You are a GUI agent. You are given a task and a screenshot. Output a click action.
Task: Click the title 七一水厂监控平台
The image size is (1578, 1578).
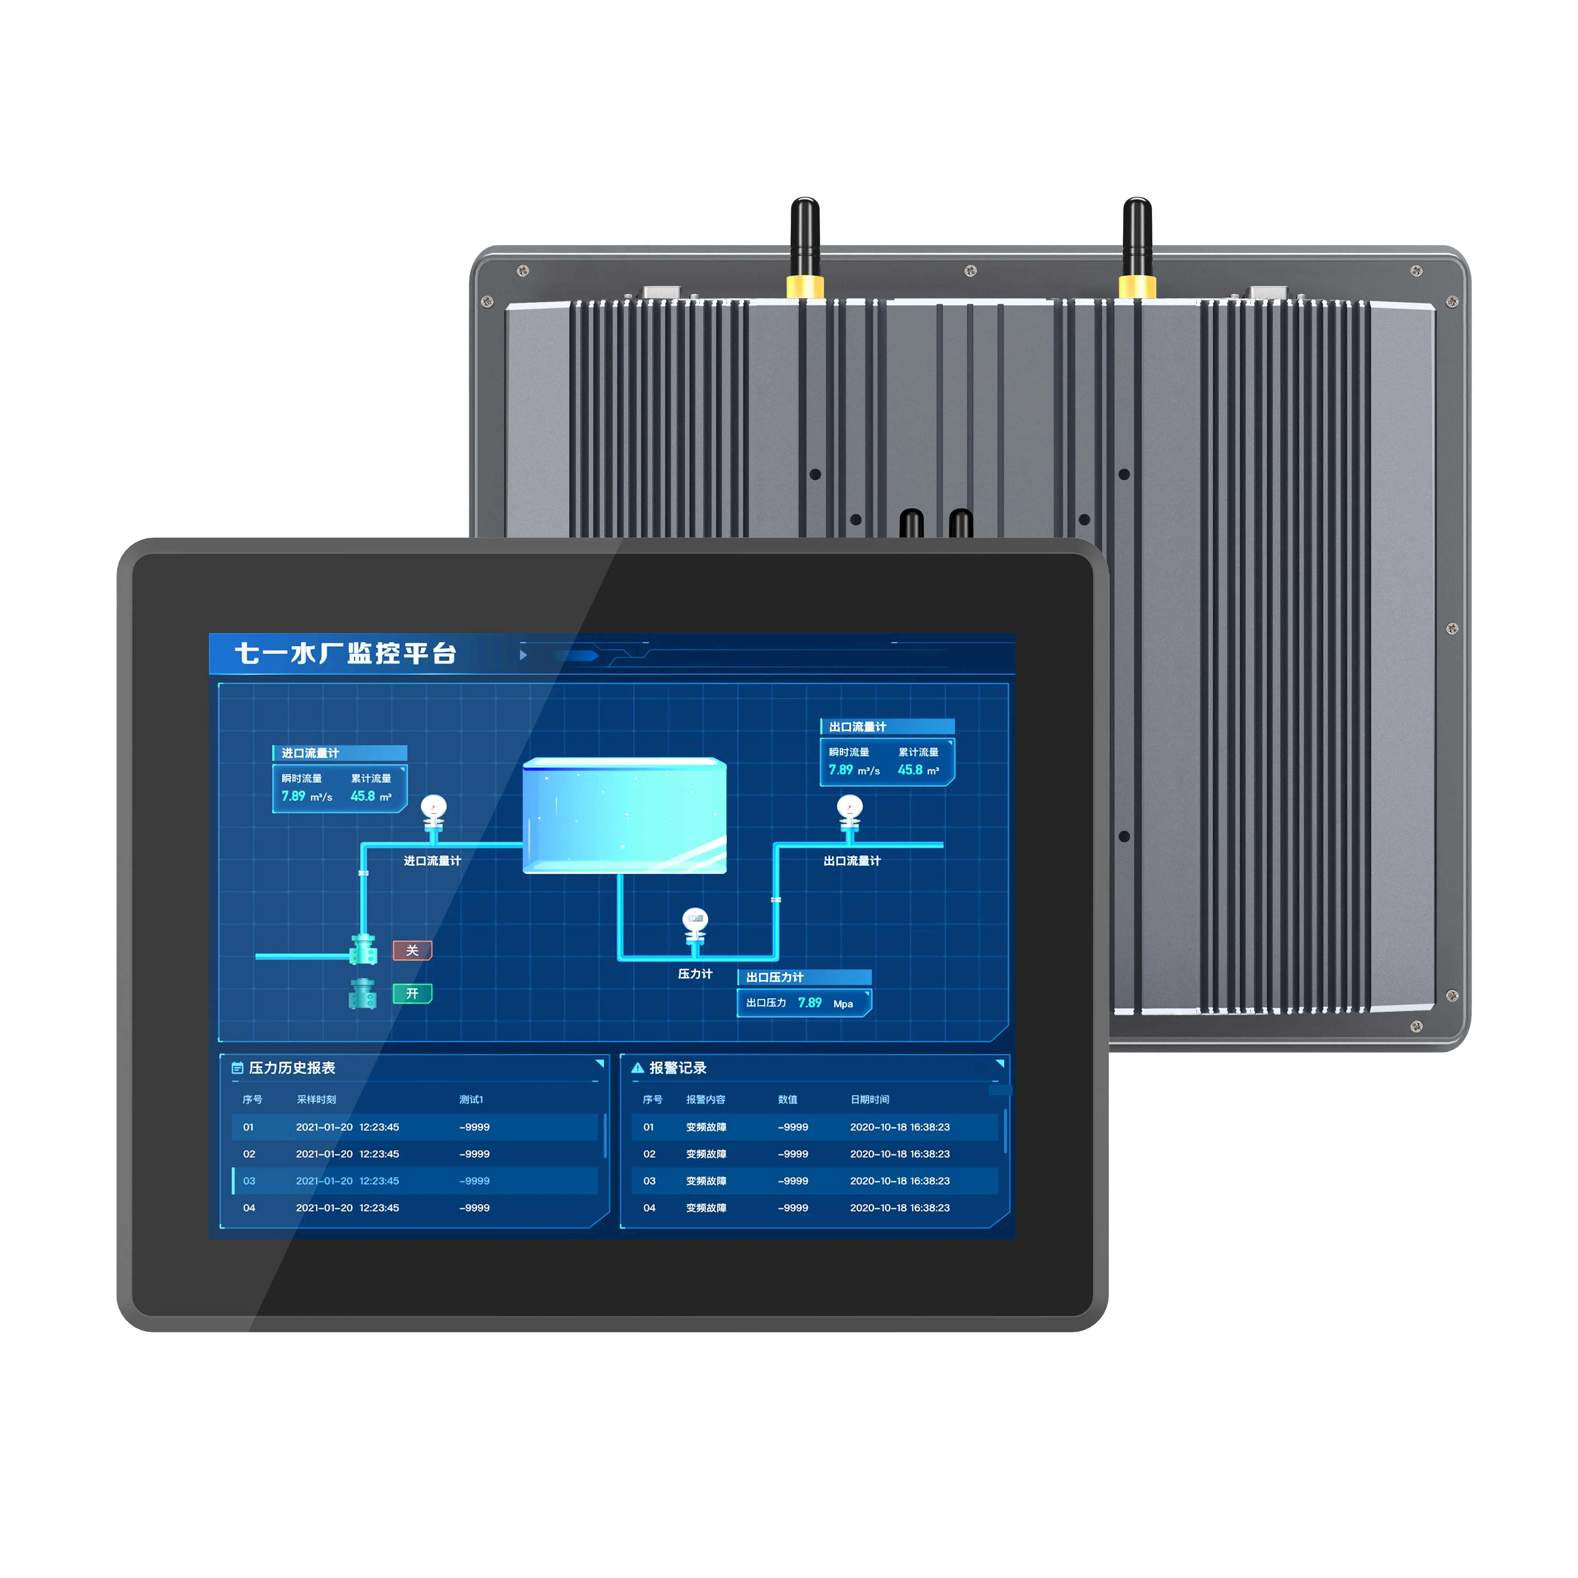pos(345,653)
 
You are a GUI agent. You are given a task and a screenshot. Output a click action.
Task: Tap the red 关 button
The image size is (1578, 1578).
pos(413,950)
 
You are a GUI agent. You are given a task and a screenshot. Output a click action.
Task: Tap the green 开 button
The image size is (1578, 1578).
pos(413,993)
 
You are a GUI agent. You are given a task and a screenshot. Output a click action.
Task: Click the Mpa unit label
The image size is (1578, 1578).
pos(843,1004)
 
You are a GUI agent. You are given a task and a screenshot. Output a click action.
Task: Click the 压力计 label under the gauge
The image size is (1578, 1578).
pos(695,974)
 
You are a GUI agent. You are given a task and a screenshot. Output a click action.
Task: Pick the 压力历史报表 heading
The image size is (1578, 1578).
pos(292,1068)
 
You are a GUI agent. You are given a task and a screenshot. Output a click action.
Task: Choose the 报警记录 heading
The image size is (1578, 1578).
pos(678,1068)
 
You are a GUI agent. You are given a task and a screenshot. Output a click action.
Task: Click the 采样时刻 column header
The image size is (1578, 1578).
pos(316,1099)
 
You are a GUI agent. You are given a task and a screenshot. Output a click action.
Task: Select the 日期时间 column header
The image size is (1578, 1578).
pos(870,1099)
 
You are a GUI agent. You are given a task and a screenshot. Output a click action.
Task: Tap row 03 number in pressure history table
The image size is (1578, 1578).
pos(249,1181)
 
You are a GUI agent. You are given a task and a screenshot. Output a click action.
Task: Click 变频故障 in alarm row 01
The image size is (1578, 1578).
pos(706,1127)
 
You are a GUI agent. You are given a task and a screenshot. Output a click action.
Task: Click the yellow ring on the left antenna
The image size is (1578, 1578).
pos(805,286)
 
